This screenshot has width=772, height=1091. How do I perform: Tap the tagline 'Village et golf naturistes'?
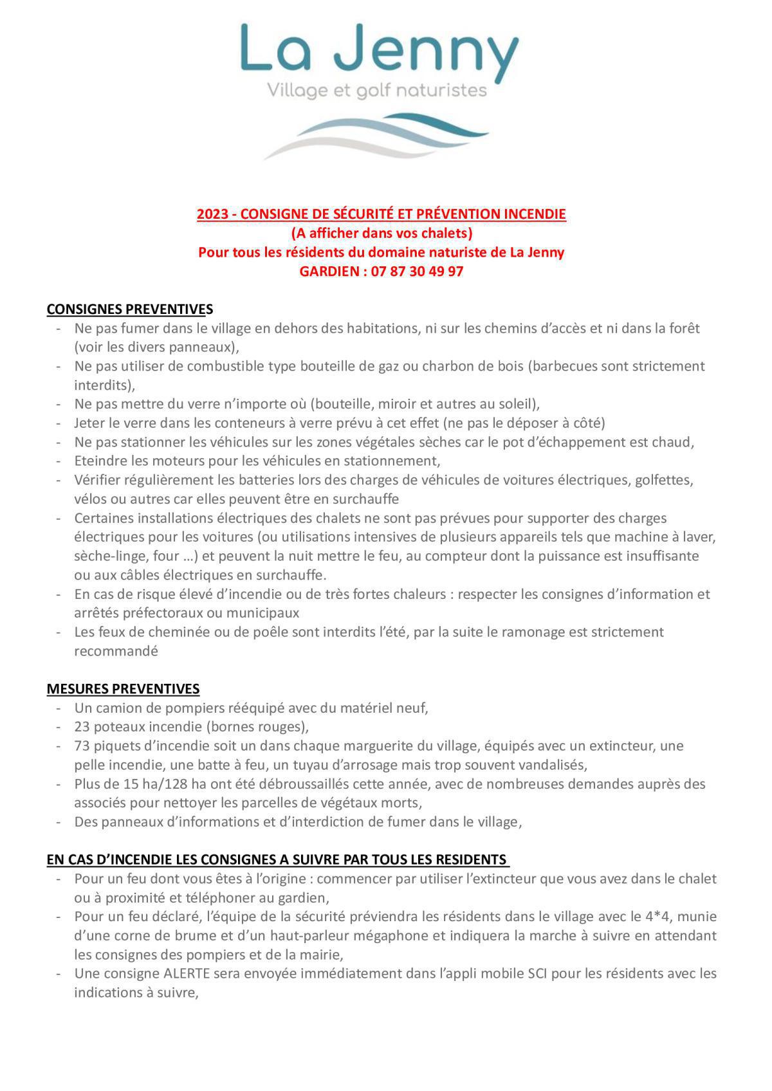377,91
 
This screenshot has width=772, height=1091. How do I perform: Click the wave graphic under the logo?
376,136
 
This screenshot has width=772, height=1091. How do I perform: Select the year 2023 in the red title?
211,214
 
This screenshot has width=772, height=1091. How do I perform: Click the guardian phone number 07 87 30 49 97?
417,271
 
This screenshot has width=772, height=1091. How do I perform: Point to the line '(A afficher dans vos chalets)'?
381,233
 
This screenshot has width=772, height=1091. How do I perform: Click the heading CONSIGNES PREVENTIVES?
129,309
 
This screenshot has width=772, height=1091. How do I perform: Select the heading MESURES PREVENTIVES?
123,689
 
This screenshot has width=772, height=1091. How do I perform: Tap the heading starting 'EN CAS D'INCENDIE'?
277,860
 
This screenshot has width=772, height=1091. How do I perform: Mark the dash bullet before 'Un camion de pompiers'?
59,708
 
